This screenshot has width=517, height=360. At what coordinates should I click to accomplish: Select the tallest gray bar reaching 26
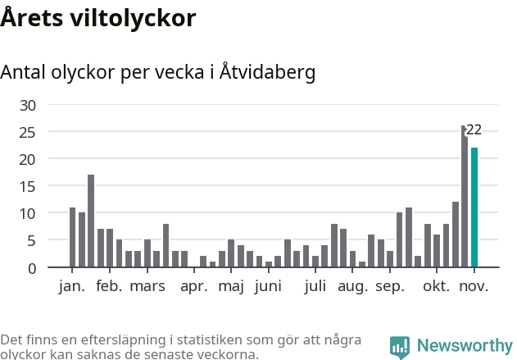(x=465, y=197)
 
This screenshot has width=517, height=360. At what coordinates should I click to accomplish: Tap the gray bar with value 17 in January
(x=91, y=221)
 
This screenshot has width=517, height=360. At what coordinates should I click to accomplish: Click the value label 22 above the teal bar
(x=474, y=130)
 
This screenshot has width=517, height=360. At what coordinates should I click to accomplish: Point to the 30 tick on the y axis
(x=29, y=105)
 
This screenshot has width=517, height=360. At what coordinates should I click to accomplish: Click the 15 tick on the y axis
(x=29, y=186)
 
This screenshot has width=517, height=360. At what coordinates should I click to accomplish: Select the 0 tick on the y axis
(x=33, y=268)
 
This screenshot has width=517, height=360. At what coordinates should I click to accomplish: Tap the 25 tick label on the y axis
(x=29, y=132)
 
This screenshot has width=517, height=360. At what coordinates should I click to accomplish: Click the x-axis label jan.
(x=72, y=286)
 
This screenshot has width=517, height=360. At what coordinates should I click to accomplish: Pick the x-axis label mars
(x=147, y=286)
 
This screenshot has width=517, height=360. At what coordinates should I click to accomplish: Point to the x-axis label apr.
(x=194, y=286)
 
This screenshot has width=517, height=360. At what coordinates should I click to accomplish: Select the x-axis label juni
(x=269, y=286)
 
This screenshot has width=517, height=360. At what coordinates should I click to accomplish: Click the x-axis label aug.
(x=352, y=286)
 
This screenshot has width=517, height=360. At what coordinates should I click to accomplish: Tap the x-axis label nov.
(x=474, y=286)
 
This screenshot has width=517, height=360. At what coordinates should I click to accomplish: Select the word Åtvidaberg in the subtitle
(x=268, y=72)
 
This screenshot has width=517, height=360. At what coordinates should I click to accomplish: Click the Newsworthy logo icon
(x=400, y=346)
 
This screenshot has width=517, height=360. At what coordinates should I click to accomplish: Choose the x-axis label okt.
(x=437, y=286)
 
